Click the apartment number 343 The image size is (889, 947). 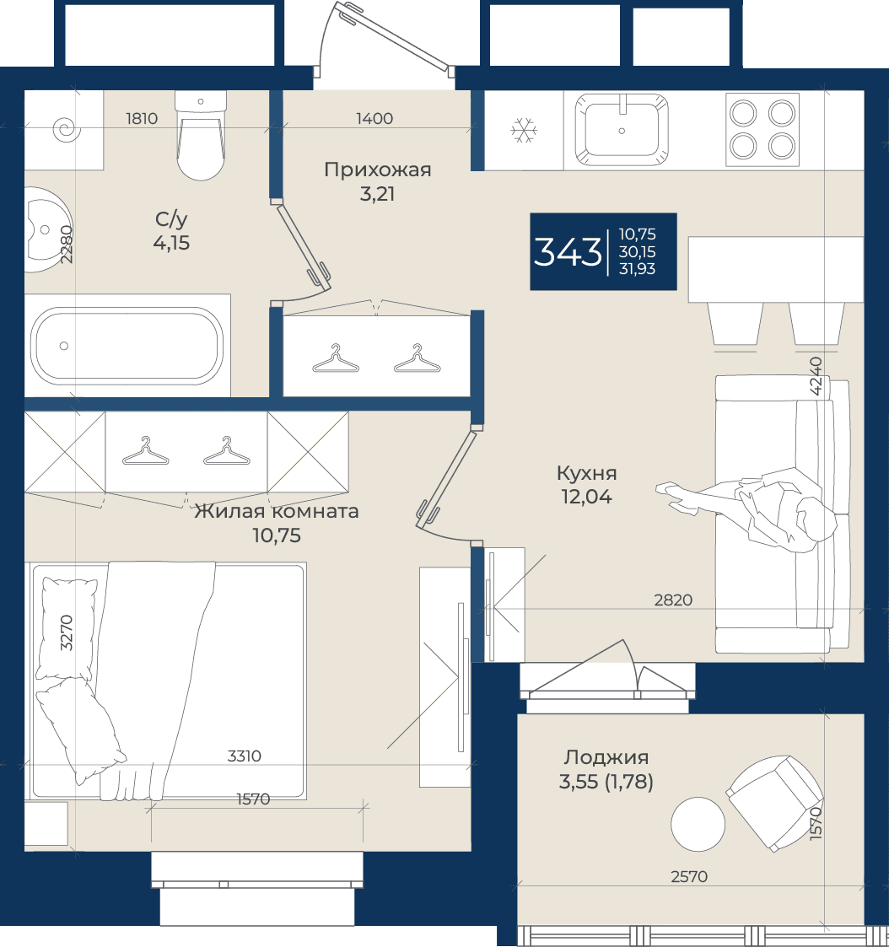[568, 252]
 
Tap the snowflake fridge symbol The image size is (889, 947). [524, 131]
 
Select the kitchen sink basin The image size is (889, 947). [622, 129]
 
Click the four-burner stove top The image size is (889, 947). [762, 129]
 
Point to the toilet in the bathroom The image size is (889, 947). [201, 135]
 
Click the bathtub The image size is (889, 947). [127, 346]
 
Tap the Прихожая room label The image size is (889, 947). [378, 169]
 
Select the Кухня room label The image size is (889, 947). [586, 473]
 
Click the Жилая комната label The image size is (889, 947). [277, 512]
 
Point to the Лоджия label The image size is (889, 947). [606, 757]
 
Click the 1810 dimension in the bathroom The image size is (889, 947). [142, 118]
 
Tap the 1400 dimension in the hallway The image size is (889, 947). [374, 118]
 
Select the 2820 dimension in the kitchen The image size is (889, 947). [673, 600]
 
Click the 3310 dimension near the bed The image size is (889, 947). [245, 756]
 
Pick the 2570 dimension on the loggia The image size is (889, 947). [689, 876]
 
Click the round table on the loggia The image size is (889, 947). [698, 825]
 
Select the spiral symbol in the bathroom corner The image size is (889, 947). [66, 129]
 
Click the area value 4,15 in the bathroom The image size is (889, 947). [171, 243]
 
